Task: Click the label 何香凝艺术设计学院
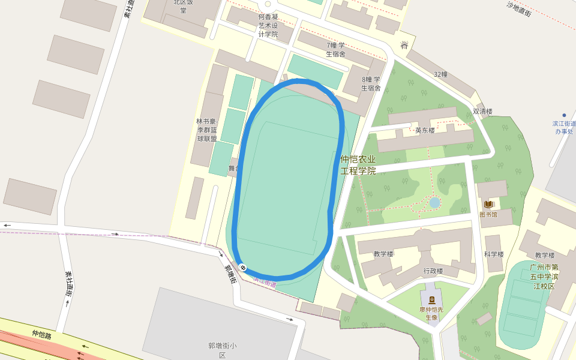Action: click(x=268, y=26)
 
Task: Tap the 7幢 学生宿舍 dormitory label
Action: click(x=336, y=49)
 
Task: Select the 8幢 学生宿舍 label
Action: click(x=371, y=83)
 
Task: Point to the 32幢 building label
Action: click(x=440, y=74)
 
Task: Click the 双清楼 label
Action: click(x=482, y=111)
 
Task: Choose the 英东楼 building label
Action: click(x=425, y=130)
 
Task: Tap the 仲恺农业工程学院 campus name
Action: click(x=358, y=165)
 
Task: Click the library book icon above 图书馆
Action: click(x=488, y=205)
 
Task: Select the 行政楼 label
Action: click(x=433, y=271)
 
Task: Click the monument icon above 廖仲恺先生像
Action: click(x=432, y=299)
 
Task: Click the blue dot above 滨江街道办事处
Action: click(x=564, y=115)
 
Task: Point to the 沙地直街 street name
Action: click(x=518, y=9)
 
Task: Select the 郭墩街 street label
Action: click(x=231, y=274)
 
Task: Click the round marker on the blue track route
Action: click(x=242, y=267)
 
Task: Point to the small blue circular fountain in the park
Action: click(x=434, y=203)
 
